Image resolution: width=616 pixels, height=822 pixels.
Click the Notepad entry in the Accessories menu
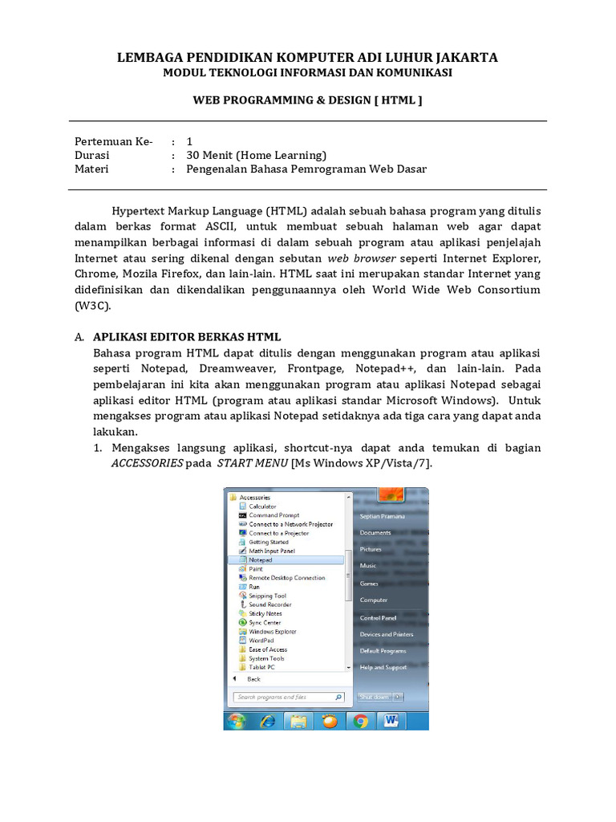pos(261,560)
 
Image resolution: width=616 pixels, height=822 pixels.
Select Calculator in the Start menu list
pos(262,507)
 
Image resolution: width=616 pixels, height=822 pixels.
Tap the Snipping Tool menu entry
pos(267,596)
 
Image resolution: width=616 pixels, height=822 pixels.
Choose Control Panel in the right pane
pos(379,618)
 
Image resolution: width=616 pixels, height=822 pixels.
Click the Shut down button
pos(375,697)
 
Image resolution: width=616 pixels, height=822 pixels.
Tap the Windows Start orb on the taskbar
pos(237,721)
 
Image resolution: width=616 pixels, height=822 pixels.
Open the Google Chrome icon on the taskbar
pos(361,721)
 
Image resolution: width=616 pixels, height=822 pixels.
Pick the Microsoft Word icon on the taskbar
pos(391,721)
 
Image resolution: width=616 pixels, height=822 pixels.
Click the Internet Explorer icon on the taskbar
pos(267,721)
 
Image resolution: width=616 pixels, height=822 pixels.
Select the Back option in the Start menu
pos(253,679)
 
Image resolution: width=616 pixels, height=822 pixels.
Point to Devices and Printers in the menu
pos(387,634)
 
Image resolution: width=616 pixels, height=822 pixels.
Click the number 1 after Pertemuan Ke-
pos(189,140)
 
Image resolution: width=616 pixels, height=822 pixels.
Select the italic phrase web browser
pos(361,258)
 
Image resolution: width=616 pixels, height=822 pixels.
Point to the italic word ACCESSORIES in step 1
pos(147,464)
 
